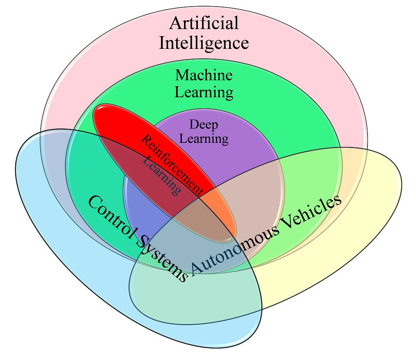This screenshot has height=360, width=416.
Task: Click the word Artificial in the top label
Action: click(x=204, y=23)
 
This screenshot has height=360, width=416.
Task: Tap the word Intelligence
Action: click(x=204, y=43)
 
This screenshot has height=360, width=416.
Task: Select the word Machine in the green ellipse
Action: click(x=204, y=75)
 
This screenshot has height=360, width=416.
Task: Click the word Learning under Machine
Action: click(x=204, y=92)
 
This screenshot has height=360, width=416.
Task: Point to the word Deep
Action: click(x=203, y=124)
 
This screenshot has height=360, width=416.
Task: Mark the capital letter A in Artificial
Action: click(x=175, y=23)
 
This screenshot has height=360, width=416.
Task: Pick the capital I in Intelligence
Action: click(x=162, y=43)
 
